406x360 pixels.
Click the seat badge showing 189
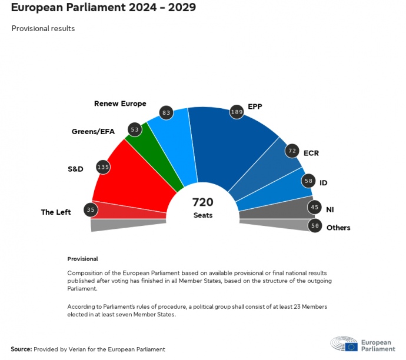click(x=237, y=112)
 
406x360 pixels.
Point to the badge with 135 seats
click(x=103, y=167)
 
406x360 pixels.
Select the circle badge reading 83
click(x=166, y=112)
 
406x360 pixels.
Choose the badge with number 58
click(x=308, y=181)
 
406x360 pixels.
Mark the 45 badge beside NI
click(x=315, y=207)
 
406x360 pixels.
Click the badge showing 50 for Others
click(x=315, y=225)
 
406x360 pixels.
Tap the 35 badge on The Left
click(x=90, y=209)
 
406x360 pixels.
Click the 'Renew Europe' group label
click(x=120, y=104)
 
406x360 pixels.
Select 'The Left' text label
click(x=56, y=212)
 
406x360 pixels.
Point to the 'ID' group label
click(x=323, y=183)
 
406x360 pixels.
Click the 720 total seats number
click(x=203, y=202)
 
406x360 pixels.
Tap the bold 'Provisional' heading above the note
click(x=82, y=259)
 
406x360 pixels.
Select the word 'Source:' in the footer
click(x=21, y=349)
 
